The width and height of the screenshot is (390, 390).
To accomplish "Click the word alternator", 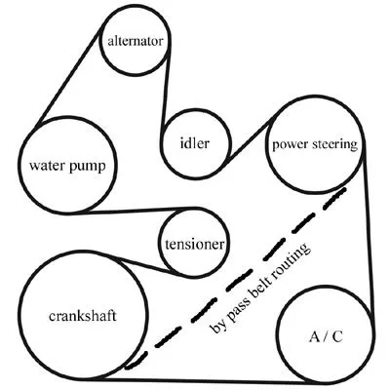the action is (135, 41).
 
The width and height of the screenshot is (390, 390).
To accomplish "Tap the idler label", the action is (195, 143).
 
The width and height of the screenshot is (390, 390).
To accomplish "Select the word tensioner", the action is (195, 245).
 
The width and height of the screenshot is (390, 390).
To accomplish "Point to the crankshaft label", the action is (83, 316).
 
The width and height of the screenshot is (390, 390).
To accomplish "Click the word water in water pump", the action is (48, 166).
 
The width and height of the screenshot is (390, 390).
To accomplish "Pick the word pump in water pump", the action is (88, 167).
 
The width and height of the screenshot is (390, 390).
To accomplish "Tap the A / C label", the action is (326, 337).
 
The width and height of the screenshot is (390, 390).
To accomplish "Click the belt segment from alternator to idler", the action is (165, 88).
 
